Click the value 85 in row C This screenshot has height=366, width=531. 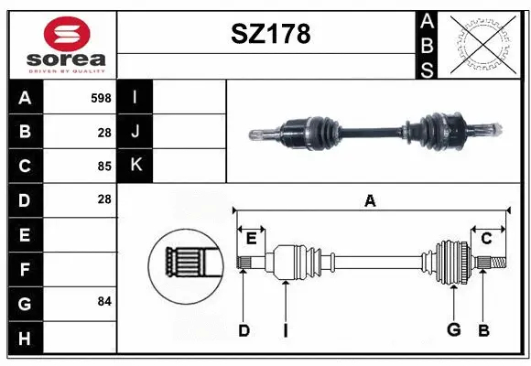[103, 167]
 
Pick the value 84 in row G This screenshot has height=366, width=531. [103, 301]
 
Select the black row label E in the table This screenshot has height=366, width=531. [24, 235]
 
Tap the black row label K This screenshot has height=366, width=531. [135, 165]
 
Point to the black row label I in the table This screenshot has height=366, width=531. [135, 97]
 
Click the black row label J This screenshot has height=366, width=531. [135, 131]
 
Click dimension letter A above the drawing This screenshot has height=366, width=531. [370, 201]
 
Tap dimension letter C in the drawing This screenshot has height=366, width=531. [486, 238]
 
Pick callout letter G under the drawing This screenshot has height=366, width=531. [452, 330]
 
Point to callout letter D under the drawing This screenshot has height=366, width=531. [244, 330]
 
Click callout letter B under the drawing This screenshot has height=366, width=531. [484, 330]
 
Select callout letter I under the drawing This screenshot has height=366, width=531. [286, 330]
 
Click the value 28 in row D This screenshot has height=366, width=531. [103, 199]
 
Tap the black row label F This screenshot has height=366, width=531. [24, 269]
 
